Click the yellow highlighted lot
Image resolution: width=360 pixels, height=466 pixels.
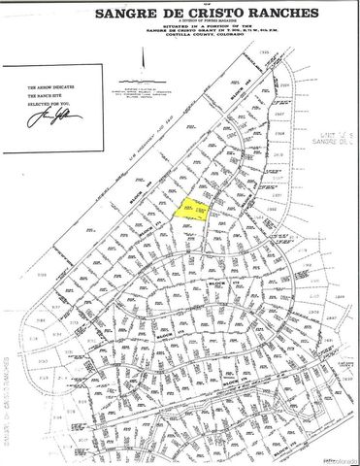point(192,210)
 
